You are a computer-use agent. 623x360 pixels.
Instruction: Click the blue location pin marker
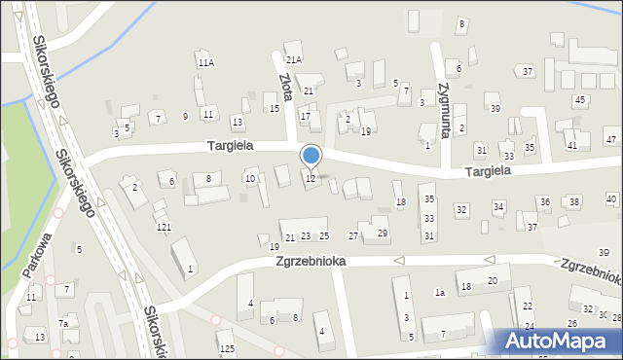pyautogui.click(x=311, y=156)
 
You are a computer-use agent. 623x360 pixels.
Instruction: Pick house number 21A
pyautogui.click(x=293, y=59)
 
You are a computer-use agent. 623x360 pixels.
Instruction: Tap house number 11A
pyautogui.click(x=205, y=62)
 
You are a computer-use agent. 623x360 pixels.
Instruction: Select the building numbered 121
pyautogui.click(x=164, y=227)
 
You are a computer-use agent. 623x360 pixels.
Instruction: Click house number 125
pyautogui.click(x=226, y=348)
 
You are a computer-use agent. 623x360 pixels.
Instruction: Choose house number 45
pyautogui.click(x=579, y=100)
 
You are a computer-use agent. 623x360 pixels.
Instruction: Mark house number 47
pyautogui.click(x=610, y=140)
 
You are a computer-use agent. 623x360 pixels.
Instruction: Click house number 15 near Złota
pyautogui.click(x=274, y=108)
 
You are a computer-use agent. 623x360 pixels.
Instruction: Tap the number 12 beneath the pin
pyautogui.click(x=311, y=178)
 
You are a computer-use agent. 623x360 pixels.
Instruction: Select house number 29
pyautogui.click(x=383, y=233)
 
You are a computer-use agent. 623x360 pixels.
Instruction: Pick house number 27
pyautogui.click(x=353, y=235)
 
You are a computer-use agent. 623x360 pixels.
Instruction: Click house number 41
pyautogui.click(x=571, y=145)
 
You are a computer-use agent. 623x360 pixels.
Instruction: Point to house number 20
pyautogui.click(x=493, y=280)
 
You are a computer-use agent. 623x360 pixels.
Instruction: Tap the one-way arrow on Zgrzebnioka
pyautogui.click(x=397, y=260)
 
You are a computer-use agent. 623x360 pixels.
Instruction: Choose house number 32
pyautogui.click(x=461, y=210)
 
